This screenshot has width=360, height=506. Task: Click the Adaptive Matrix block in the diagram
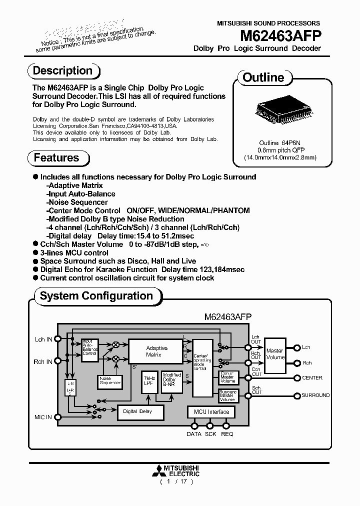[156, 351]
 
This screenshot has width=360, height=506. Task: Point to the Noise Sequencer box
[110, 381]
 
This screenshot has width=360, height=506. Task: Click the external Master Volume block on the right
[274, 354]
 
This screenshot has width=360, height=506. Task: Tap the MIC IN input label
[43, 417]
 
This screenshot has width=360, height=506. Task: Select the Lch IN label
[43, 339]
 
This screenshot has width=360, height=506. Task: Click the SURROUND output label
[315, 395]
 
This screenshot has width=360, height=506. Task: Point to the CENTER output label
[312, 378]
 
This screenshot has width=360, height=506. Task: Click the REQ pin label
[227, 434]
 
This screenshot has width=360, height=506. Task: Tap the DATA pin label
[194, 434]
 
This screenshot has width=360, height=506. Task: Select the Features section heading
[56, 158]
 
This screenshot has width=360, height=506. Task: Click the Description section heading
[62, 70]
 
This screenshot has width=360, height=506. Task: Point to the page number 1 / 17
[176, 481]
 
